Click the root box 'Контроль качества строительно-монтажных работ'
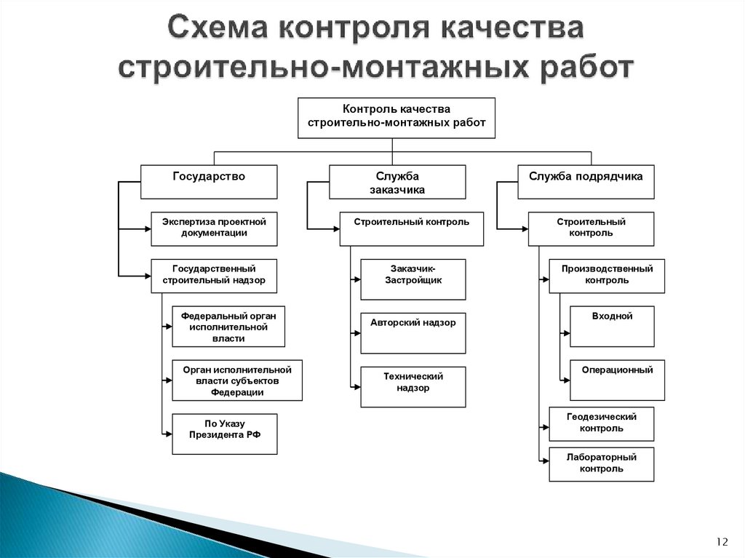[x=397, y=117]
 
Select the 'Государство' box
[x=209, y=182]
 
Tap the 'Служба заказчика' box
[x=397, y=182]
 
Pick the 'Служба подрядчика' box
[x=586, y=182]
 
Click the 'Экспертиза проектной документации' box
[x=214, y=228]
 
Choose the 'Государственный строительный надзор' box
[x=214, y=275]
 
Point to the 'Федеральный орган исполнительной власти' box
[x=228, y=326]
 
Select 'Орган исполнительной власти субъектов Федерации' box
[x=237, y=380]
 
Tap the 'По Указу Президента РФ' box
[x=224, y=434]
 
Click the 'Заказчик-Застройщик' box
[x=413, y=279]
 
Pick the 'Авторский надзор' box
[x=413, y=332]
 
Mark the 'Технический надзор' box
[x=413, y=386]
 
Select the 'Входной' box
[x=612, y=326]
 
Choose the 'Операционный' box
[x=617, y=380]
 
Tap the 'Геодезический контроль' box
[x=601, y=423]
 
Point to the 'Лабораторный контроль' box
[x=601, y=463]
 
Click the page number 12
[x=722, y=541]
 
